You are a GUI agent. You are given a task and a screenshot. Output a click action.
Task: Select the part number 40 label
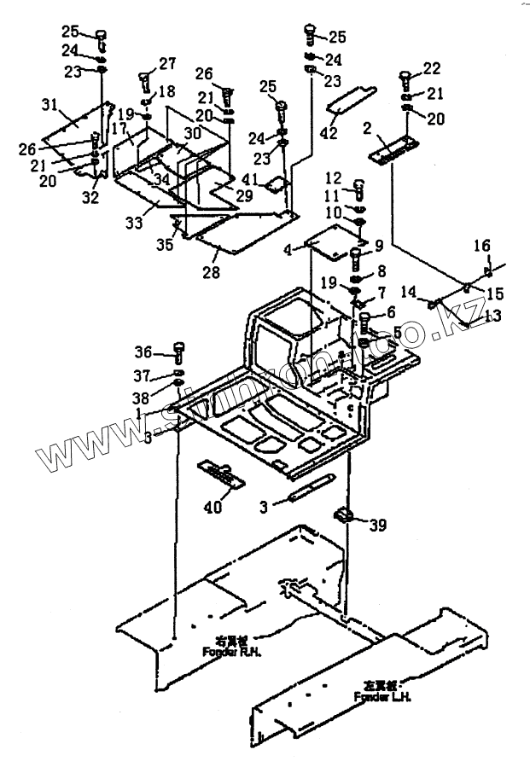tap(213, 507)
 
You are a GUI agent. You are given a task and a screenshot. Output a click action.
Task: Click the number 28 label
tap(211, 272)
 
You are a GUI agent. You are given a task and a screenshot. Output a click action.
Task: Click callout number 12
tap(334, 178)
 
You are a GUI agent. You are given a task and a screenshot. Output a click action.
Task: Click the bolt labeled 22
tap(405, 83)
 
